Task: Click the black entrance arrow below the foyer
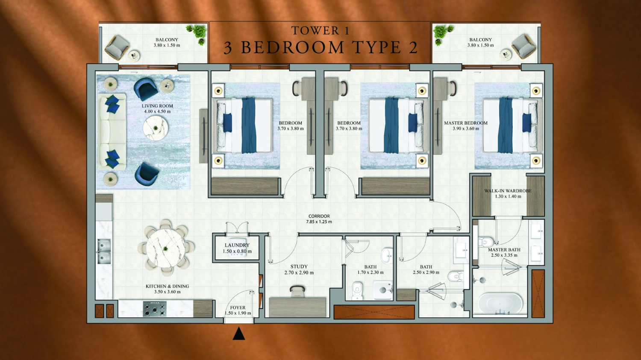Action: [x=239, y=334]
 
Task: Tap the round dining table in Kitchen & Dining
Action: [x=166, y=248]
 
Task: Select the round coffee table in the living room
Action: [x=155, y=128]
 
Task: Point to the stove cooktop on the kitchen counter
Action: [x=154, y=308]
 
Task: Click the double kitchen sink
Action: [x=104, y=252]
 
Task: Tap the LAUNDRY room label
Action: [x=237, y=245]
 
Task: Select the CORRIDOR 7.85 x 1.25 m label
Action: [x=319, y=219]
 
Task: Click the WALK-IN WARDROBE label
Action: [x=508, y=191]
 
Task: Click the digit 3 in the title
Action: [x=228, y=48]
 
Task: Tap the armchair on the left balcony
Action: [x=117, y=47]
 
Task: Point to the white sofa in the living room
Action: [x=112, y=132]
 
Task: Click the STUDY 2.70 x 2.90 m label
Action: [x=299, y=269]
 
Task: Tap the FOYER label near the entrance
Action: [x=238, y=307]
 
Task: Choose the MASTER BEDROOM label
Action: [x=465, y=123]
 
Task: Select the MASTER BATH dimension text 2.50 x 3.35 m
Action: [x=504, y=255]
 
